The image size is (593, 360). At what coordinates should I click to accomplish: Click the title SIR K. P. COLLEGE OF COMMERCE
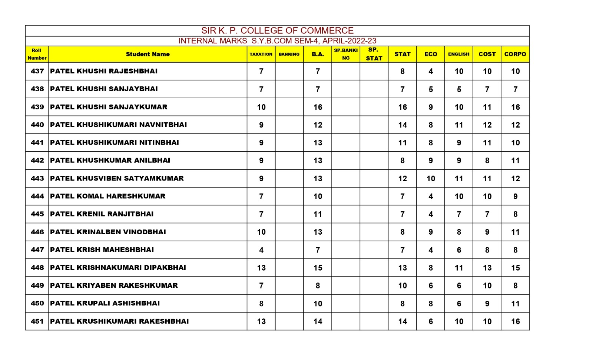point(277,30)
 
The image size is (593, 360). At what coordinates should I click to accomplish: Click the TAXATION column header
point(261,54)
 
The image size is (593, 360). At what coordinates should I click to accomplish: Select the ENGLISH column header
point(458,54)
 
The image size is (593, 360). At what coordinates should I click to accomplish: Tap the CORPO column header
point(515,54)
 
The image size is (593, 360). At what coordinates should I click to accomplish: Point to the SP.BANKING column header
point(345,54)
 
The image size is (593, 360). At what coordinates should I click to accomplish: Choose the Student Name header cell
point(148,54)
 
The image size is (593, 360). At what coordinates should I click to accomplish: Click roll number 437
point(37,71)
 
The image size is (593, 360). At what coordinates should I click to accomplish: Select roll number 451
point(37,321)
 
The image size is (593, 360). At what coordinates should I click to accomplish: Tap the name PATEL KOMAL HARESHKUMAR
point(107,196)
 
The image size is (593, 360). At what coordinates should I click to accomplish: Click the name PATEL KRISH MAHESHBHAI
point(102,250)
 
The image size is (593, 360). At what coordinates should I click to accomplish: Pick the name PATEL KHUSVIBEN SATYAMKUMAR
point(117,178)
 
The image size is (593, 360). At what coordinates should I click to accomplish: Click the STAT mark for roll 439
point(402,107)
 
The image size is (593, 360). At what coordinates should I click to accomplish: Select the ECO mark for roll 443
point(430,179)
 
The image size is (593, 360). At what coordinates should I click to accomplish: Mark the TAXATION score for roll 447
point(261,250)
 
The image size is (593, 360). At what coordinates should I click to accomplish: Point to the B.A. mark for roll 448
point(318,268)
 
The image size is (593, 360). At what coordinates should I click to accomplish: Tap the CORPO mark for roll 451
point(515,321)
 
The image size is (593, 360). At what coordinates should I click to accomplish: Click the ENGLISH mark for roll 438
point(459,89)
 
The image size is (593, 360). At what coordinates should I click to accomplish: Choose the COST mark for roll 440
point(487,125)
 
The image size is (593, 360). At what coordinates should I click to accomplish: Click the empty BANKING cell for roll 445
point(289,214)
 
